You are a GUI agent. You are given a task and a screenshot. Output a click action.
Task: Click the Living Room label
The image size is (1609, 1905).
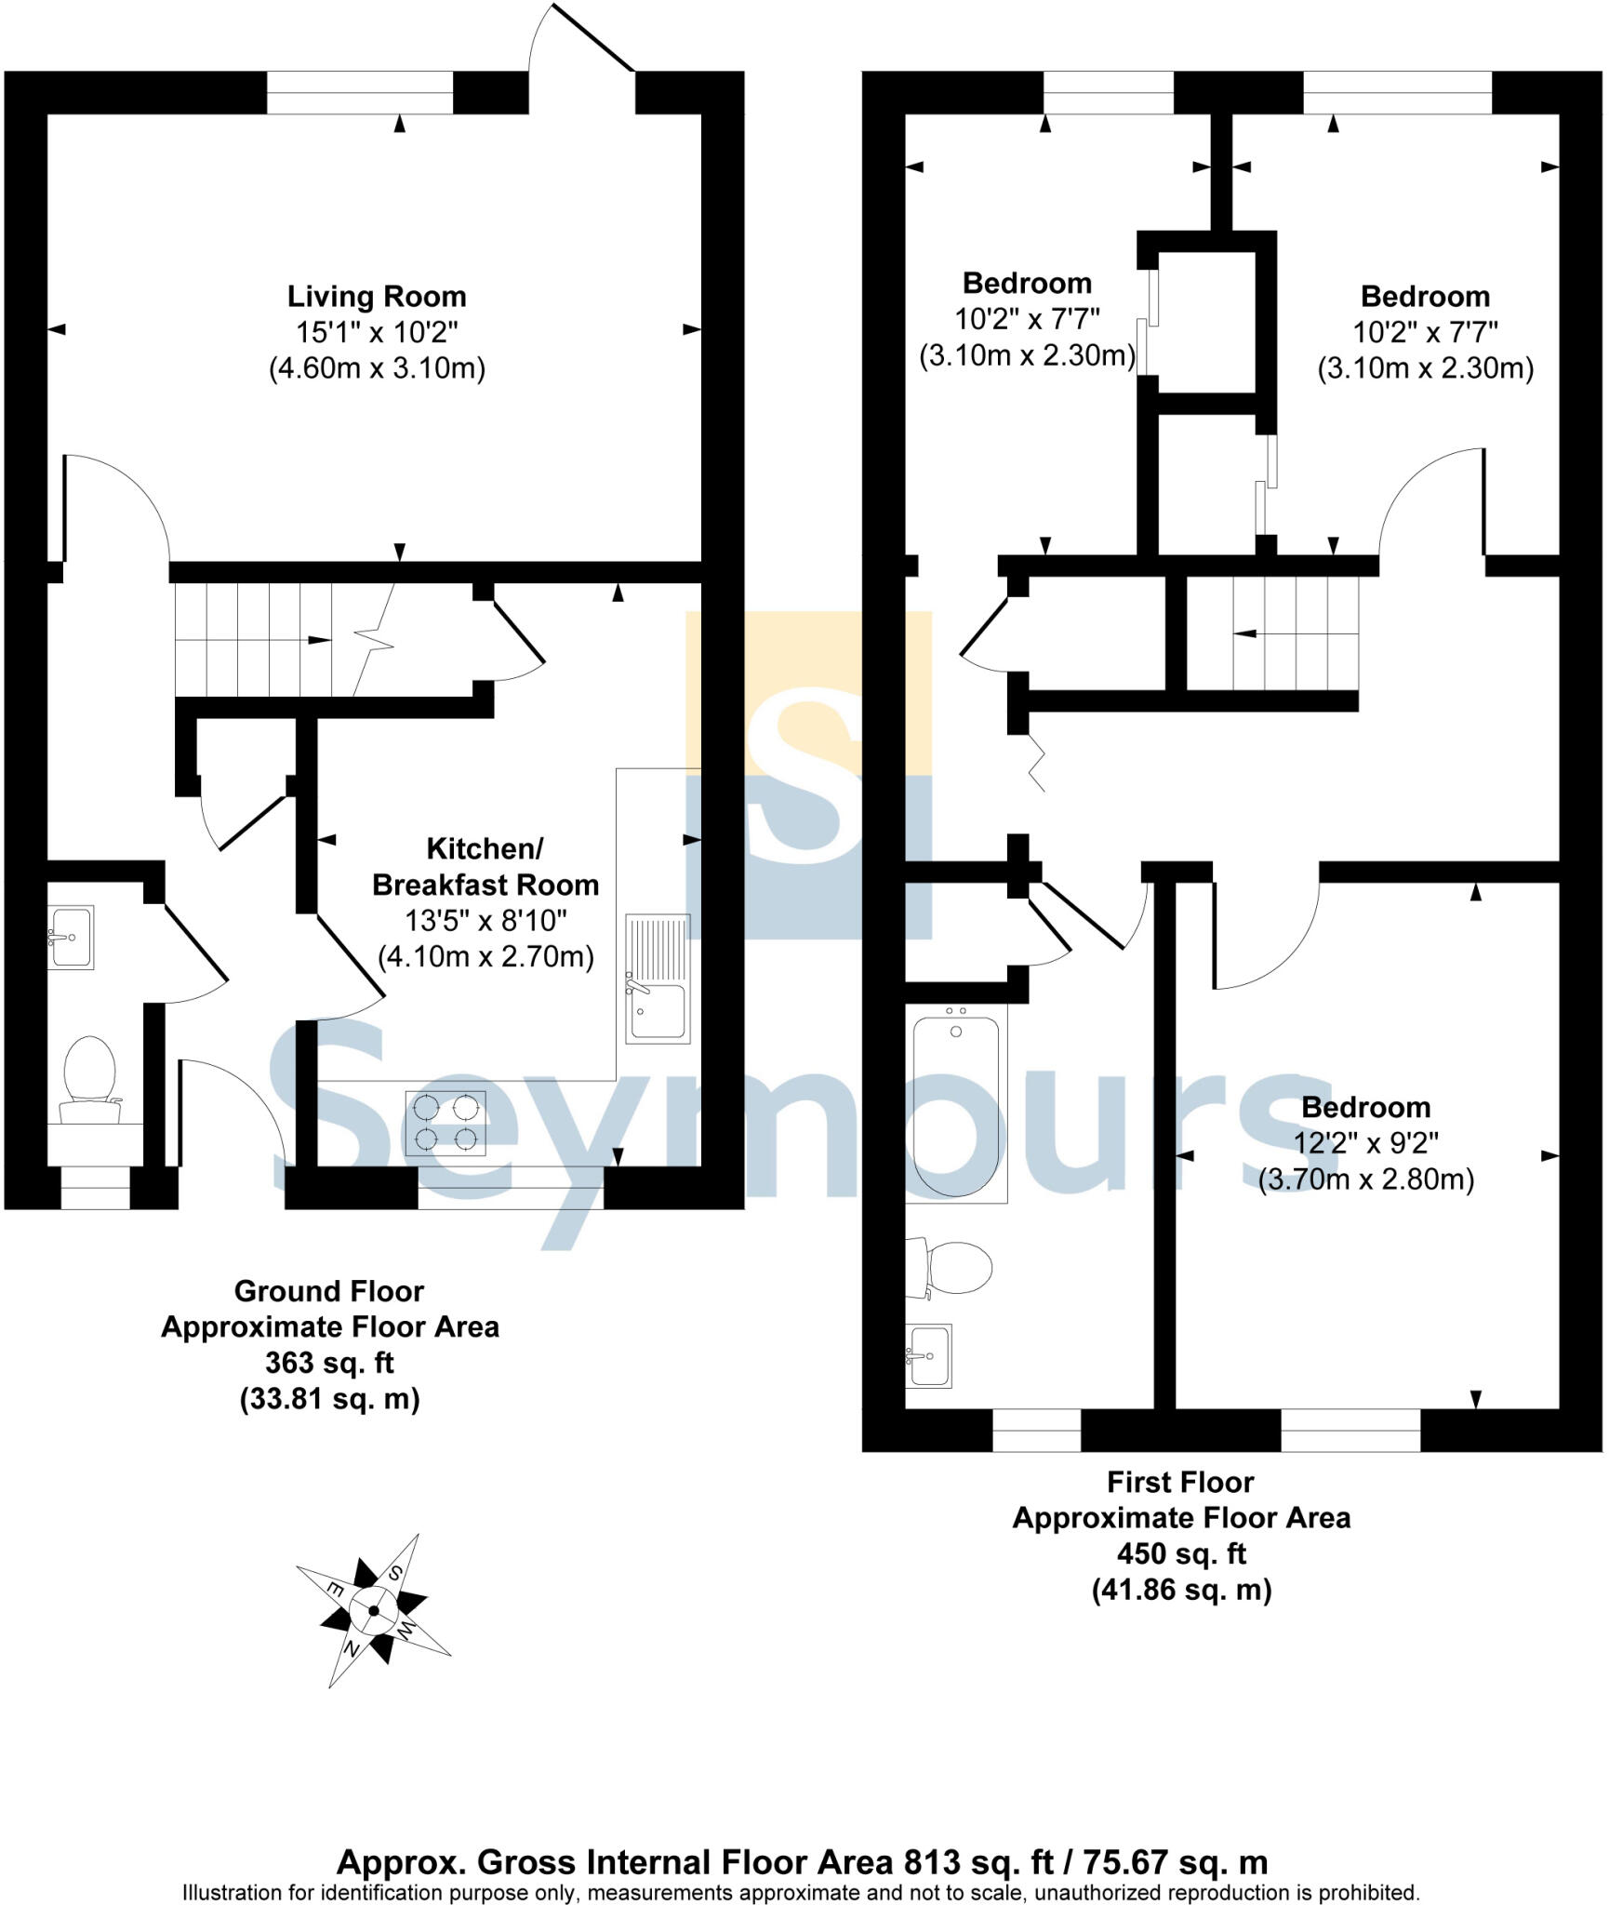point(377,297)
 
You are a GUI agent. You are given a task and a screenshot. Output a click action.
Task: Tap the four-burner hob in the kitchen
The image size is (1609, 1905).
point(445,1123)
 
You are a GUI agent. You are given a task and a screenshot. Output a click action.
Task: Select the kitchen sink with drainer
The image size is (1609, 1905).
point(658,978)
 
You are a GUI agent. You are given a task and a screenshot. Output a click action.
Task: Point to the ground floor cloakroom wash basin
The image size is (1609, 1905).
point(71,937)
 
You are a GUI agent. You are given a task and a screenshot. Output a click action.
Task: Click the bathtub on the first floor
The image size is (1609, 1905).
point(956,1104)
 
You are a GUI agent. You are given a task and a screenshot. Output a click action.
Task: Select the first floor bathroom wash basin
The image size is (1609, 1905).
point(929,1355)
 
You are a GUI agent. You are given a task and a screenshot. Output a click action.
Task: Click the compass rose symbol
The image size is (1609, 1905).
point(374,1610)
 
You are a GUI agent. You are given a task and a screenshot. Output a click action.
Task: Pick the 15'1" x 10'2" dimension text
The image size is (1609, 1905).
point(377,332)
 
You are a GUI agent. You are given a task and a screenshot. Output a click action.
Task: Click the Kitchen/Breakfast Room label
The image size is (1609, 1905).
point(485,866)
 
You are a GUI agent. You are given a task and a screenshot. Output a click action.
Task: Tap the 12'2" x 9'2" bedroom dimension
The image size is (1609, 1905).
point(1365,1143)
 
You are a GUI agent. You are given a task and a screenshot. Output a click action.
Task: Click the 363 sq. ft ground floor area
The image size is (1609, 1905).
point(329,1363)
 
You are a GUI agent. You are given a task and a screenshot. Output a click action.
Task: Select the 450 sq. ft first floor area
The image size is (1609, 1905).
point(1180,1553)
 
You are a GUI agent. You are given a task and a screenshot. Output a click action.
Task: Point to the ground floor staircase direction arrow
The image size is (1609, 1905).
point(317,640)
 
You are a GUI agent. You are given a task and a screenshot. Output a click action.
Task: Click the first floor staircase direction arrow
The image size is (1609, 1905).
point(1246,633)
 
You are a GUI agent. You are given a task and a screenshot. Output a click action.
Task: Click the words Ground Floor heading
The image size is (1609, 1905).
point(329,1291)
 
